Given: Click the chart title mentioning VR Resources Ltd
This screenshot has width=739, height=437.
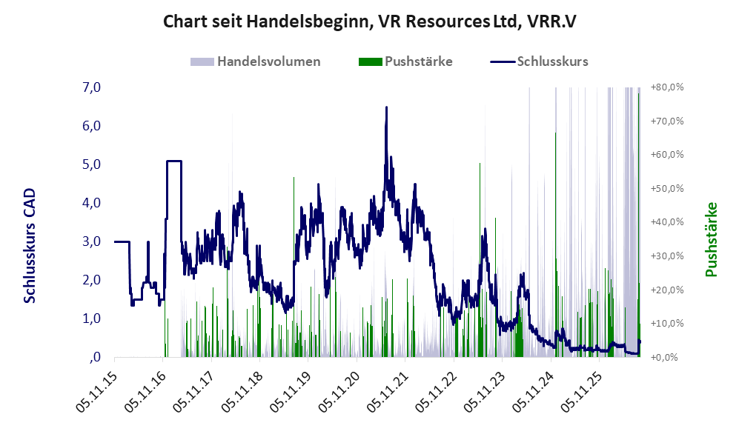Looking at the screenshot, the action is click(369, 21).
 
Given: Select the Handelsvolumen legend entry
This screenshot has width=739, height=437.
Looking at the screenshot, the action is click(256, 61).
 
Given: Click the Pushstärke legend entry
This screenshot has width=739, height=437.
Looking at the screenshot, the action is click(405, 61).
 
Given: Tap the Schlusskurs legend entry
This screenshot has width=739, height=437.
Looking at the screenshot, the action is click(539, 61).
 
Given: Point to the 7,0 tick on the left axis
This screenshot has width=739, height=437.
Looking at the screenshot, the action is click(91, 87).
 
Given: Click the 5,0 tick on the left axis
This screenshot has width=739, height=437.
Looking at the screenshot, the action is click(91, 164).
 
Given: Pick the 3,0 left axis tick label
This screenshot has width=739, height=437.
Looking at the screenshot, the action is click(91, 241).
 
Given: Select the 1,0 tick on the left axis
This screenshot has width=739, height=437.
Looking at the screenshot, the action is click(91, 318).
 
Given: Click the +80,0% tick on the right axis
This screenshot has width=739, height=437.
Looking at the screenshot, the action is click(667, 87).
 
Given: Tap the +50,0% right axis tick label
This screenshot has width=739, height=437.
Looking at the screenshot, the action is click(667, 188).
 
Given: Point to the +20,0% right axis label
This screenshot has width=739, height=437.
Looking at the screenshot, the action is click(667, 290).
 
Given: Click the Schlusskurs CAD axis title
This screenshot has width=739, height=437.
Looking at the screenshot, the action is click(29, 246).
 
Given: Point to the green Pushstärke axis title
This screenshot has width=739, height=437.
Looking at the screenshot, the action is click(711, 240).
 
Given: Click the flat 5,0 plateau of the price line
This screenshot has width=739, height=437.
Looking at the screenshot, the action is click(174, 161).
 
